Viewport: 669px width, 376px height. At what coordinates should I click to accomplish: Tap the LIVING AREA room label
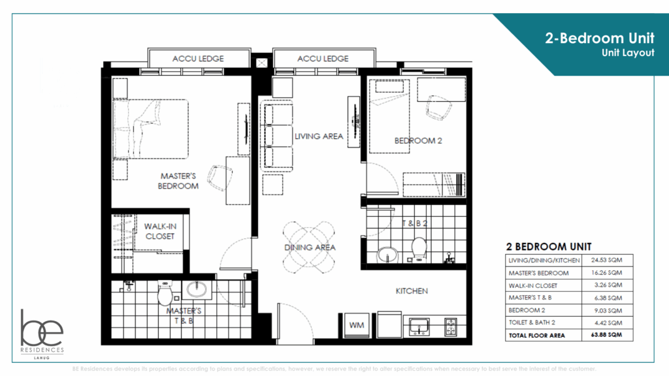pos(318,136)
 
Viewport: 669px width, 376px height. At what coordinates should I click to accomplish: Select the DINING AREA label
pos(310,247)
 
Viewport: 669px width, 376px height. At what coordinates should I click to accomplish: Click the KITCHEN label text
pos(412,291)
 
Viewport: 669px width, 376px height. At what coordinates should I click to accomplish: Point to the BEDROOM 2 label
pos(414,141)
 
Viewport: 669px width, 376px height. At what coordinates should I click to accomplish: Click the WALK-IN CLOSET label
pos(160,231)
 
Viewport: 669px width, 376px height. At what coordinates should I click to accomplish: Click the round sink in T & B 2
pos(387,253)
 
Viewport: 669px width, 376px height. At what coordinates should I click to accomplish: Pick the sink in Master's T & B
pos(196,289)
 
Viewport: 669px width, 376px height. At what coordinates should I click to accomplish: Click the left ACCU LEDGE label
pos(198,59)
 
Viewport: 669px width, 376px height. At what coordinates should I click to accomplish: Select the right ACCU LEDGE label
pos(323,59)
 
